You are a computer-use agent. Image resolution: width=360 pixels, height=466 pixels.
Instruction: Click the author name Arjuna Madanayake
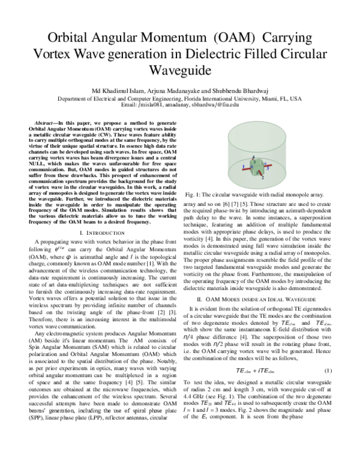175,91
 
